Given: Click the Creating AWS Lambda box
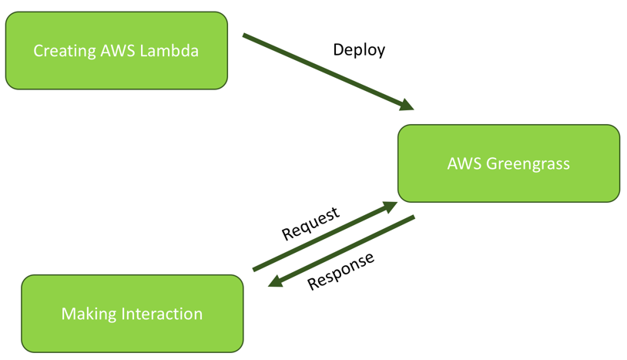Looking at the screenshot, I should pos(116,51).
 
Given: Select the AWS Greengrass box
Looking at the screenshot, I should pos(508,163).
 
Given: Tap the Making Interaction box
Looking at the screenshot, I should pos(132,314).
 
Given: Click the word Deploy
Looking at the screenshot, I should pos(359,49).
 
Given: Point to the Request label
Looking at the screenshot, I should pos(310,224).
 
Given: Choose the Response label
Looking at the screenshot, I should pos(341,271).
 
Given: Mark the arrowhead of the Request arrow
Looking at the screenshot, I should pos(391,206).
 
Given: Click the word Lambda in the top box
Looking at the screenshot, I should pos(172,51).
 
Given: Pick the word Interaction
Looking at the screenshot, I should pos(163,314).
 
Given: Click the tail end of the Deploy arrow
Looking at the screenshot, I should pos(245,35).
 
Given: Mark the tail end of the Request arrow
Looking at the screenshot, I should pos(254,269).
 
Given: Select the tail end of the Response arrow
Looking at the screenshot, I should pos(413,218).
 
